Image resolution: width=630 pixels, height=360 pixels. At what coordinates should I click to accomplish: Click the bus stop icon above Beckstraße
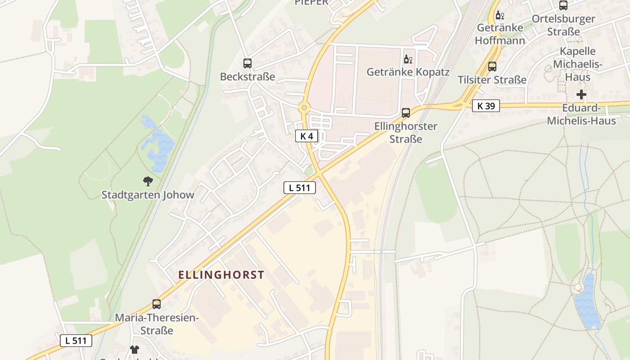point(247,63)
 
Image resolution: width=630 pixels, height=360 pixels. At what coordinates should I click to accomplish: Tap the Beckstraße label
point(247,77)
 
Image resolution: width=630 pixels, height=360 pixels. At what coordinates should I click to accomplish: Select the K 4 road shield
point(306,136)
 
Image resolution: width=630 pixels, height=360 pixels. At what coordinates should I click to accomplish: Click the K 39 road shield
point(486,106)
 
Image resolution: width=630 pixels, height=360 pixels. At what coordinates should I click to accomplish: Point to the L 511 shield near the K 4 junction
point(299,188)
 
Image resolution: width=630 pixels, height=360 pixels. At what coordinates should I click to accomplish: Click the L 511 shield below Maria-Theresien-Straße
point(76,341)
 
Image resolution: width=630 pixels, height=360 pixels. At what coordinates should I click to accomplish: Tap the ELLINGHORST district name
point(221,275)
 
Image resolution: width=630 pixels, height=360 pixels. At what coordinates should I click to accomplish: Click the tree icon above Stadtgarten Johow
point(148,181)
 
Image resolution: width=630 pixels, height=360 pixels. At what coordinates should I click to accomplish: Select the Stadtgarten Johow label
point(148,195)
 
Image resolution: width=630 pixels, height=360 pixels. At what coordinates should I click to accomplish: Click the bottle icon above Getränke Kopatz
point(408,59)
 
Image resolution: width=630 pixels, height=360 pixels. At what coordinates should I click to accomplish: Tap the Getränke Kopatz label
point(408,72)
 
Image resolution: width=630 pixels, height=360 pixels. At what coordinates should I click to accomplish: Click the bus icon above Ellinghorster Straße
point(406,113)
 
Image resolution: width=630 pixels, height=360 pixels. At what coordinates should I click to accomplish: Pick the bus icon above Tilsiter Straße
point(492,67)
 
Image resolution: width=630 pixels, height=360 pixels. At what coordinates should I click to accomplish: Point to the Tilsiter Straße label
point(492,80)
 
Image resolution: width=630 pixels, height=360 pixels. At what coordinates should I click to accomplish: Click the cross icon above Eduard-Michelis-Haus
point(581,94)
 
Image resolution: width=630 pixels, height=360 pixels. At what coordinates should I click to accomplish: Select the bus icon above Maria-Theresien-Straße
point(157,304)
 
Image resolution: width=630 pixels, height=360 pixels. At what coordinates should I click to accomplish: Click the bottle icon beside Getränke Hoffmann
point(499,16)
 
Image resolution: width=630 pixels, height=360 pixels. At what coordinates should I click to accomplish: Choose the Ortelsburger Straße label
point(563,25)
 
